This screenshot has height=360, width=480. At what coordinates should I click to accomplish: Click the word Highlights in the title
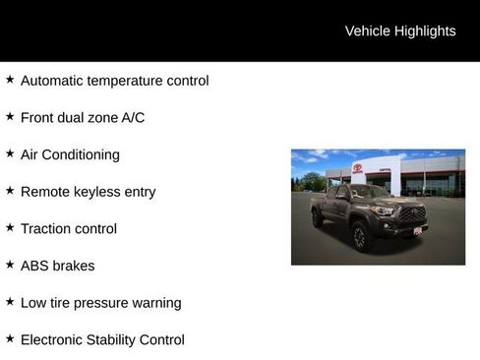tap(425, 31)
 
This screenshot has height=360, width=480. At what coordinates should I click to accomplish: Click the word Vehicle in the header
tap(368, 31)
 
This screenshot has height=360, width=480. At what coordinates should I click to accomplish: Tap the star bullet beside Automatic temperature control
tap(10, 80)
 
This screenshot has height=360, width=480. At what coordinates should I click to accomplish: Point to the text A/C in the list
tap(132, 118)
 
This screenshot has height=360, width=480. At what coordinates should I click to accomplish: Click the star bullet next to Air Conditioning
tap(10, 153)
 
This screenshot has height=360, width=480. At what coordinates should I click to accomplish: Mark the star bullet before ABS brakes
tap(10, 265)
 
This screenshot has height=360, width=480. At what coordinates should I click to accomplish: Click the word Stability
tap(125, 340)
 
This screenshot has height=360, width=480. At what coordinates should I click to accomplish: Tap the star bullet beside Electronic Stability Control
tap(10, 338)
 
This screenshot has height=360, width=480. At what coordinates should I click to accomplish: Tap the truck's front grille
tap(411, 213)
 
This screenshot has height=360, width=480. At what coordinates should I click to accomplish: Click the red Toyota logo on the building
tap(358, 167)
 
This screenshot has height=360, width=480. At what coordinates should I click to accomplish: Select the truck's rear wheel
tap(318, 219)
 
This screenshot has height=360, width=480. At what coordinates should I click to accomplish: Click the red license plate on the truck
tap(417, 231)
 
